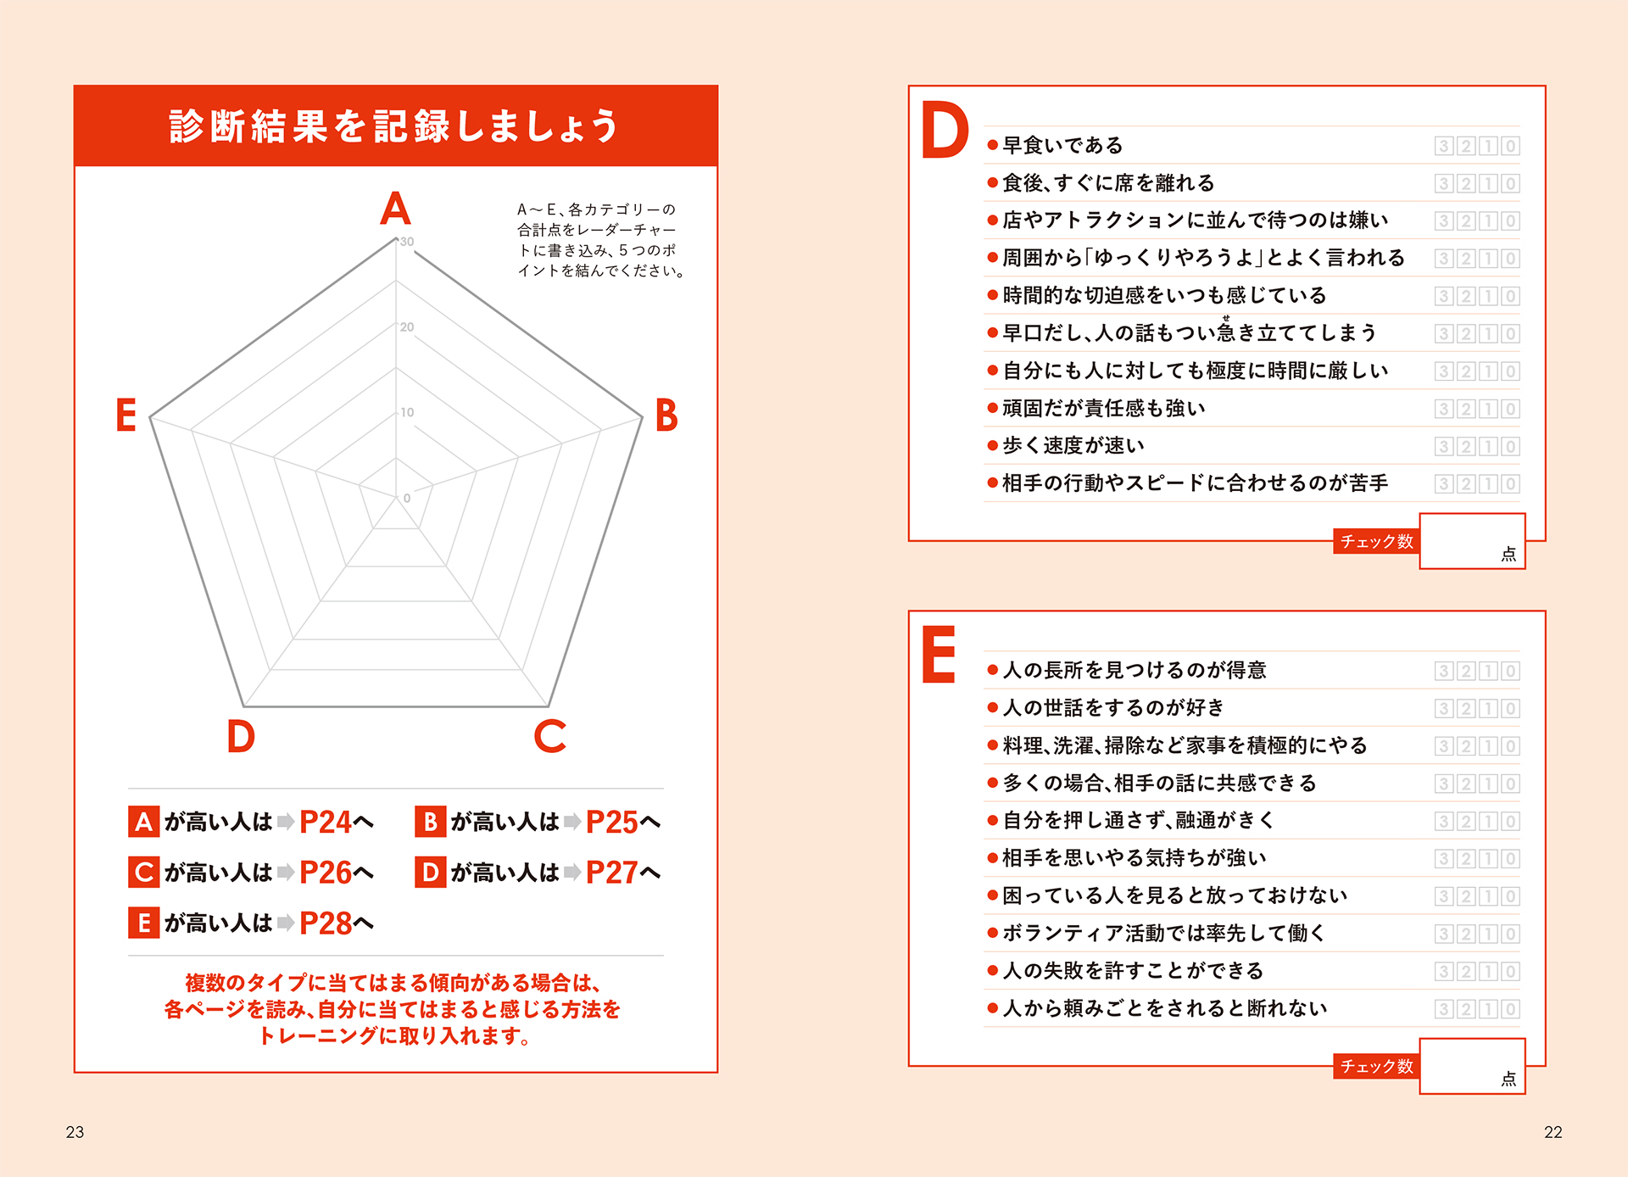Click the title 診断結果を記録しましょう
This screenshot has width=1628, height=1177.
(394, 126)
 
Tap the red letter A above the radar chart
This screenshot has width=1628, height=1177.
(395, 208)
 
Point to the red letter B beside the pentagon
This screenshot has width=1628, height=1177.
(666, 416)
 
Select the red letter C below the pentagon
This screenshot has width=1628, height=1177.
(550, 736)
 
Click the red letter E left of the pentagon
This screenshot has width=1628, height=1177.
(126, 416)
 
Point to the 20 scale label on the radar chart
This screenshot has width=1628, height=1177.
(407, 327)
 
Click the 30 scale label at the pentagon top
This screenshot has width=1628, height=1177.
(407, 242)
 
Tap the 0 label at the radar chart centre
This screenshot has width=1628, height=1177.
(407, 499)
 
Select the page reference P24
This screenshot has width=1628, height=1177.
(326, 822)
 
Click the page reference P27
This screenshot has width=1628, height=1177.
(612, 873)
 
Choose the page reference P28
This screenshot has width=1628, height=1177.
(326, 923)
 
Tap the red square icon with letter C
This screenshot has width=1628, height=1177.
(144, 872)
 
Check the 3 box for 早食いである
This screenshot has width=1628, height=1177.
(1444, 146)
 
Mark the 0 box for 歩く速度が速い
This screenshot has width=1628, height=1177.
(1510, 447)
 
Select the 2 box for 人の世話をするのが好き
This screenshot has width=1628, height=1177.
(1466, 709)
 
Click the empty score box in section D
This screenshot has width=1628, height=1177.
(1473, 541)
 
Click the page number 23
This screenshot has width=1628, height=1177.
(75, 1132)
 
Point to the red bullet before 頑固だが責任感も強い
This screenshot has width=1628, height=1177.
(992, 409)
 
